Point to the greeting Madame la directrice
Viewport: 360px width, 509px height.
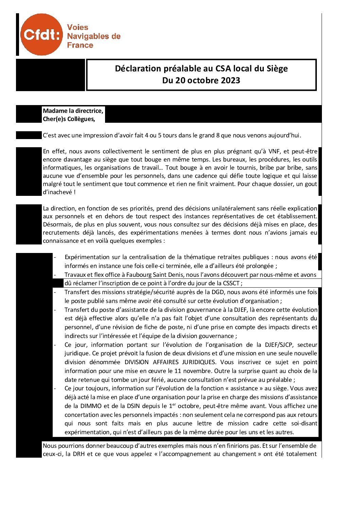(x=73, y=111)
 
